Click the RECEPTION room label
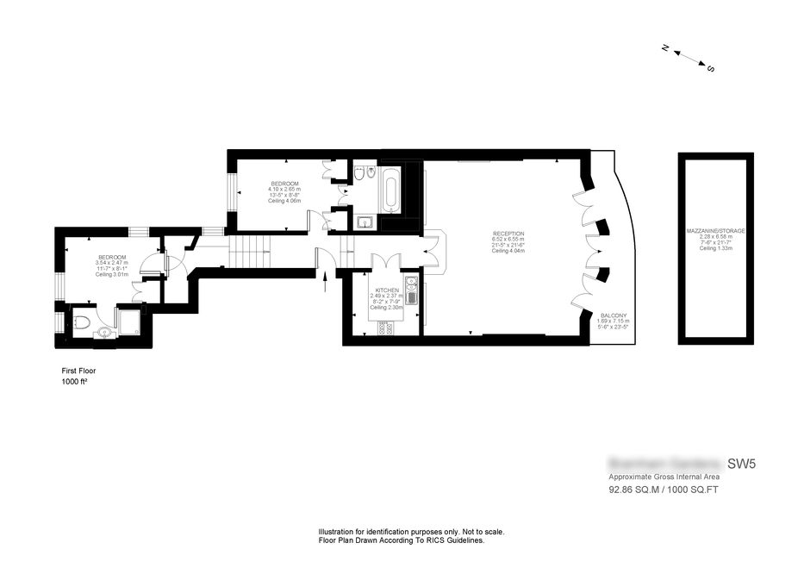508,234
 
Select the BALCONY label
614,315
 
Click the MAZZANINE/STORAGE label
715,231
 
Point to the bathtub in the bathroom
390,190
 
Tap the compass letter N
665,48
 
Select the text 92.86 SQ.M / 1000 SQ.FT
664,490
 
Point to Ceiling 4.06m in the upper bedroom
284,201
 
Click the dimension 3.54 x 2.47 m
112,263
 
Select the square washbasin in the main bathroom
364,222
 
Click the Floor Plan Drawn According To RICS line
402,540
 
